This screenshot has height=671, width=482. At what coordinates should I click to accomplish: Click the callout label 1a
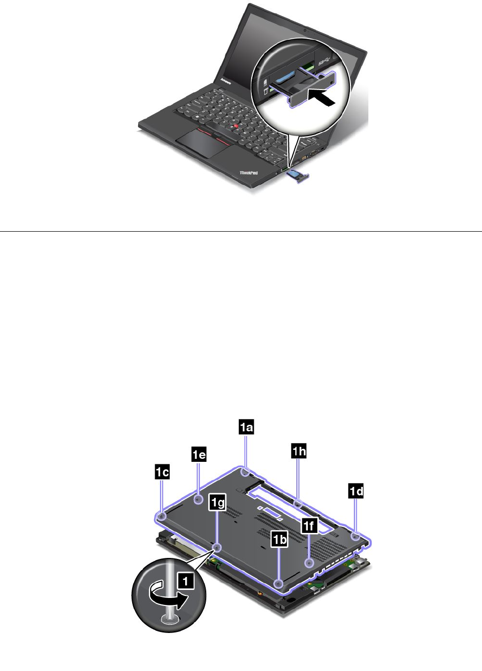click(246, 427)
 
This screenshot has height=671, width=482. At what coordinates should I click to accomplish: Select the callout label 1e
click(199, 454)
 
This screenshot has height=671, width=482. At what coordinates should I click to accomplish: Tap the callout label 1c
click(162, 471)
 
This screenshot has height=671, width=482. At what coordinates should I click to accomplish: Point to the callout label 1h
click(299, 451)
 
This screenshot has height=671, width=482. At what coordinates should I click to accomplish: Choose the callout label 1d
click(356, 491)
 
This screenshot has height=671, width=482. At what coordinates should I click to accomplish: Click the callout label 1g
click(217, 502)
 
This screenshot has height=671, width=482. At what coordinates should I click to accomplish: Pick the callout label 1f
click(309, 525)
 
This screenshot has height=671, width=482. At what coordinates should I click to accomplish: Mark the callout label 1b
click(279, 539)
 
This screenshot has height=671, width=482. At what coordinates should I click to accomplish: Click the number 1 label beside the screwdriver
click(186, 581)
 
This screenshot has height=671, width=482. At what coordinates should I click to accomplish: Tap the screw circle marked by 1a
click(245, 471)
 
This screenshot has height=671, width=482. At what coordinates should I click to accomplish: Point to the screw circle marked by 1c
click(162, 515)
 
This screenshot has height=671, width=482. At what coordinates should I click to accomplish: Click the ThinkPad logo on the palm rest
click(248, 173)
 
